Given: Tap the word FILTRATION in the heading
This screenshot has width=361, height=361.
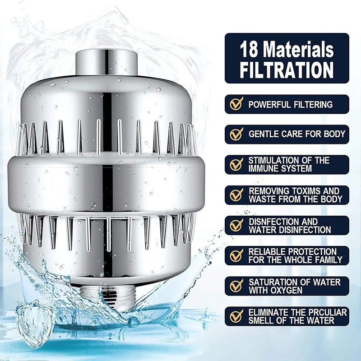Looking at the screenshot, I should click(287, 70).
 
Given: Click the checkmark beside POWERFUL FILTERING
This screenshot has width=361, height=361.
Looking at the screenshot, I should click(236, 104).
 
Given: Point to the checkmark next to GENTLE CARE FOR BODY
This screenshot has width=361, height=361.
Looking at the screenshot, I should click(236, 134).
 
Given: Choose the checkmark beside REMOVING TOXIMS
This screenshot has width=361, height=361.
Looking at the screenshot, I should click(236, 194).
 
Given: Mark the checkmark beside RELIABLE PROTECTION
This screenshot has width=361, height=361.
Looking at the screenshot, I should click(236, 255).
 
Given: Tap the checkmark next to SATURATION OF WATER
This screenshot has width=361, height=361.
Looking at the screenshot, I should click(236, 286).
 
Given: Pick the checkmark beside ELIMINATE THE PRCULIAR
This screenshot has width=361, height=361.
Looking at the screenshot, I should click(236, 316).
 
